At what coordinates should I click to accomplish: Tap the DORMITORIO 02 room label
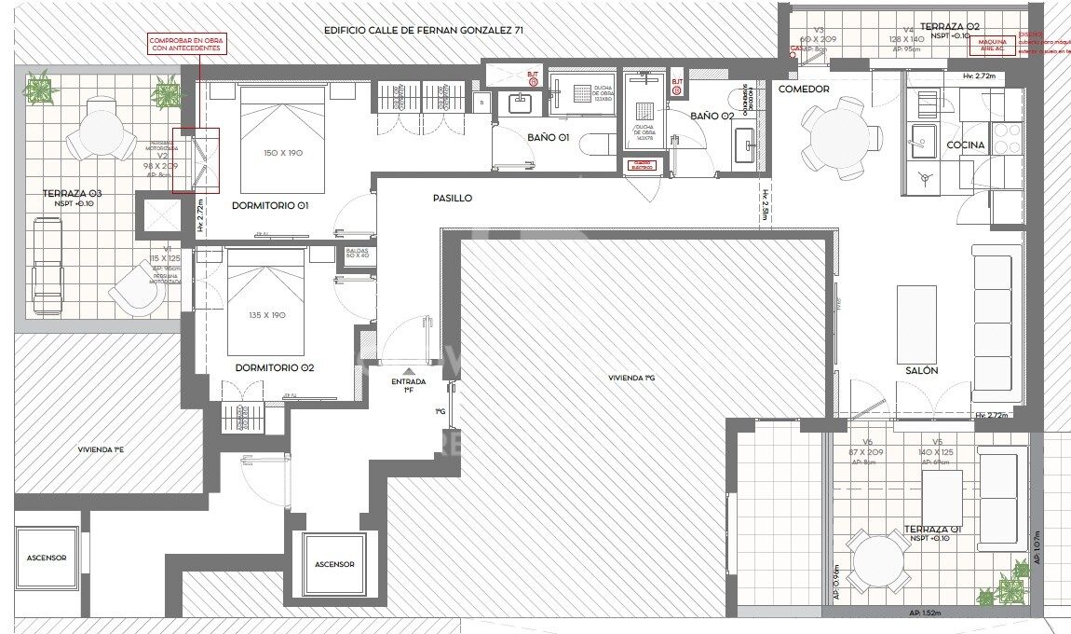pyautogui.click(x=275, y=368)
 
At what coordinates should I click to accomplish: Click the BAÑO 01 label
pyautogui.click(x=549, y=138)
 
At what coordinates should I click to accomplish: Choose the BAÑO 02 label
pyautogui.click(x=712, y=117)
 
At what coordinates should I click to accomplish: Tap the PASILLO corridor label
pyautogui.click(x=453, y=199)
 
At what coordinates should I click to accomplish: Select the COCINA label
pyautogui.click(x=966, y=145)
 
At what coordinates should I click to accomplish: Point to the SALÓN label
pyautogui.click(x=922, y=370)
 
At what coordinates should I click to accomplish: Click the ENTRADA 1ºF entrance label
pyautogui.click(x=408, y=386)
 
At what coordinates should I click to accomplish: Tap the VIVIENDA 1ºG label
pyautogui.click(x=631, y=379)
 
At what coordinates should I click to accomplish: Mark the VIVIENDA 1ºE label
pyautogui.click(x=101, y=449)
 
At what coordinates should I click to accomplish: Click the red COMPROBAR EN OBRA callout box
pyautogui.click(x=186, y=44)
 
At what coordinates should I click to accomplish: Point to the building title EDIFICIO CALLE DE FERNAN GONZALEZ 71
pyautogui.click(x=423, y=30)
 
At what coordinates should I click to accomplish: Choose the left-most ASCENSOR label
pyautogui.click(x=47, y=558)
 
